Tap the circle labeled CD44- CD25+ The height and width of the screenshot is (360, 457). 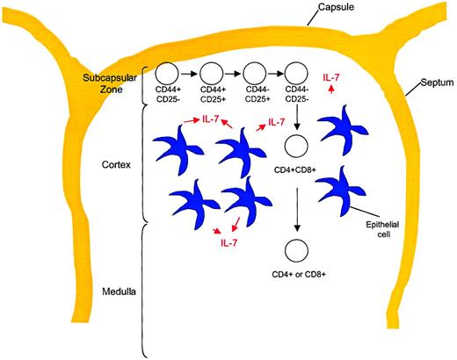coord(255,76)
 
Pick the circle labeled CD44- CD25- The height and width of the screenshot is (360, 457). coord(299,76)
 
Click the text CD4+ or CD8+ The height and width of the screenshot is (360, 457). coord(299,272)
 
